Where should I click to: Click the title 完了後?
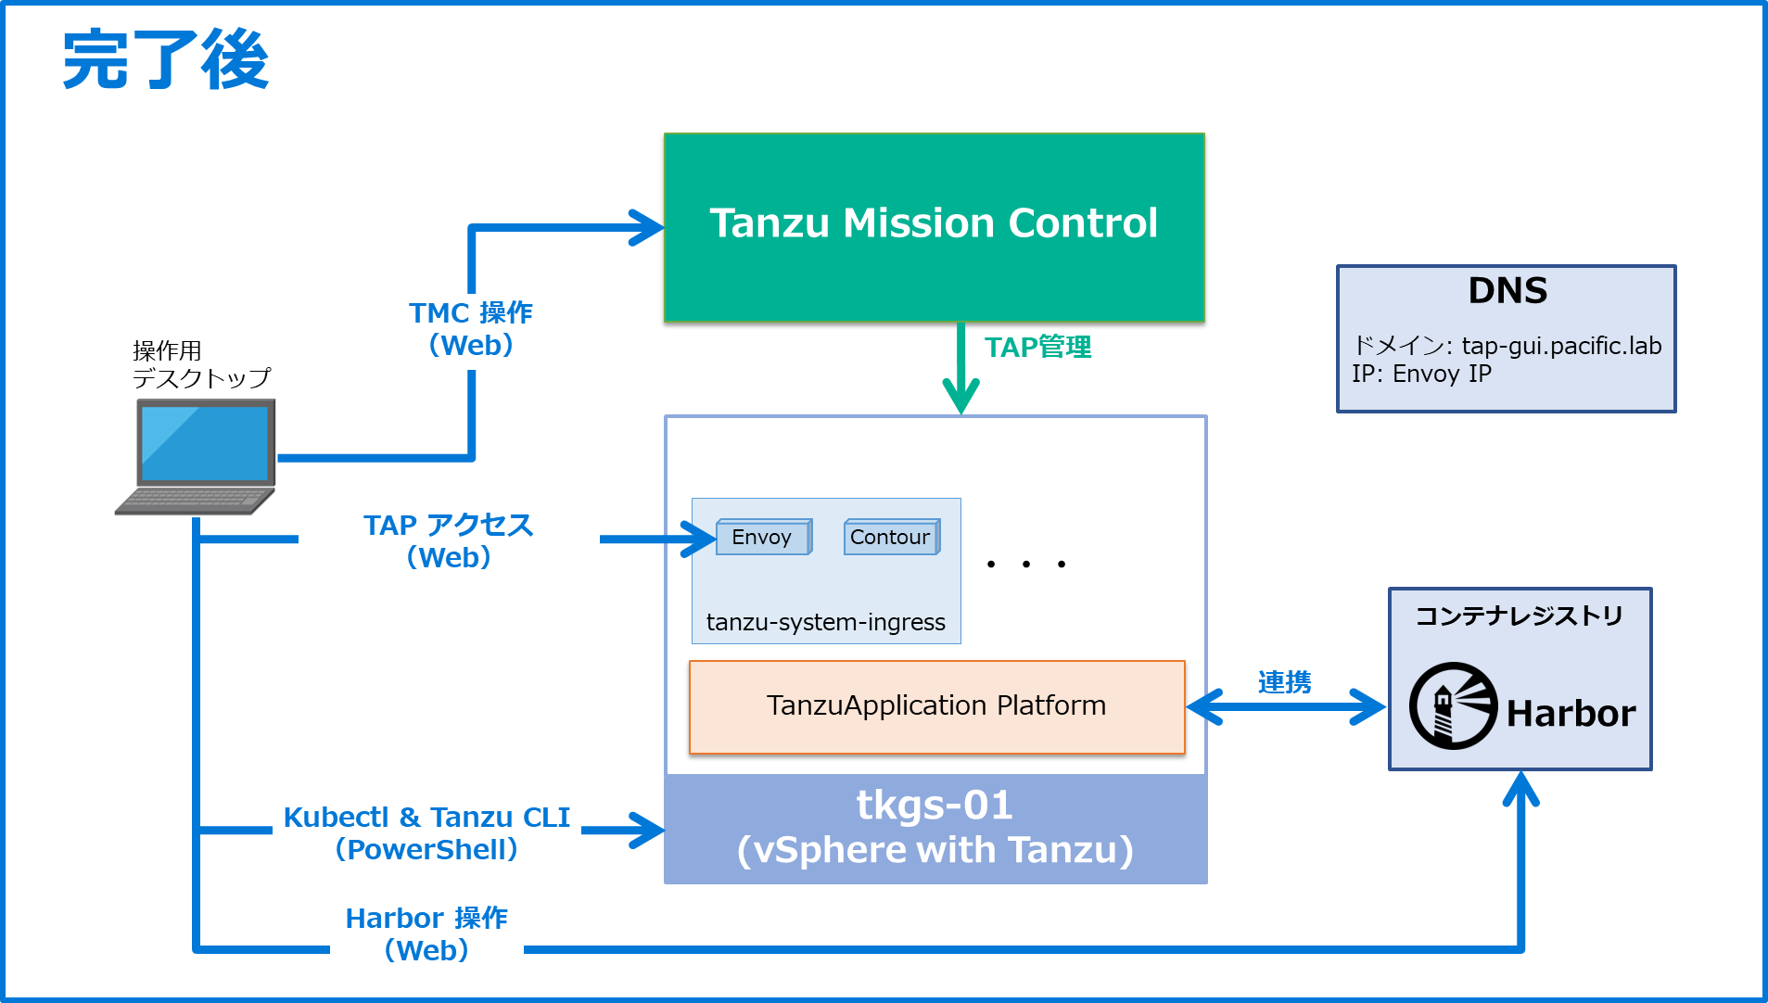tap(166, 60)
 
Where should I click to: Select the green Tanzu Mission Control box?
tap(934, 227)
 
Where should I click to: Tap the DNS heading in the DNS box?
tap(1507, 291)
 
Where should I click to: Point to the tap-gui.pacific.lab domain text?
tap(1561, 346)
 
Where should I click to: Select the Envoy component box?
tap(763, 537)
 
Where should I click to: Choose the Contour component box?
tap(891, 537)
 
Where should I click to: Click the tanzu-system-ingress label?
tap(825, 622)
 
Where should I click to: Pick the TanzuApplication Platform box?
tap(936, 706)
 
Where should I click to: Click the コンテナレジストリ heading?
tap(1519, 616)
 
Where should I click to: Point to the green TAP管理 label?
tap(1037, 347)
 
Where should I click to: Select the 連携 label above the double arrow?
tap(1284, 682)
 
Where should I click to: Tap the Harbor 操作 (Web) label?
tap(426, 933)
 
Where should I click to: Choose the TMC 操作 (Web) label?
tap(471, 329)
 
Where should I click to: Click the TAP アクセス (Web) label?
tap(449, 540)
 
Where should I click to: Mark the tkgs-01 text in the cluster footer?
tap(935, 806)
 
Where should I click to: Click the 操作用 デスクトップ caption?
tap(200, 364)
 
